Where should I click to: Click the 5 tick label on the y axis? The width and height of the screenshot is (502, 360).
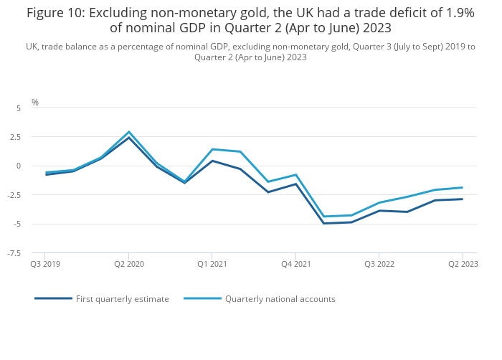click(19, 108)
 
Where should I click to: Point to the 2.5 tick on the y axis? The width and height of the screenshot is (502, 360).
click(16, 137)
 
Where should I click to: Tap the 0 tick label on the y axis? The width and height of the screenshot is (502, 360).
click(19, 166)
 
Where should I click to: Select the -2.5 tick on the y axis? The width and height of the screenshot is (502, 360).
click(14, 195)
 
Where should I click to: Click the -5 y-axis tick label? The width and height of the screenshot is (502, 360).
click(17, 224)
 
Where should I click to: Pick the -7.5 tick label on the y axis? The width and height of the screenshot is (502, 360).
click(14, 253)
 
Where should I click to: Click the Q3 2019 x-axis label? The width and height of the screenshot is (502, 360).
click(45, 264)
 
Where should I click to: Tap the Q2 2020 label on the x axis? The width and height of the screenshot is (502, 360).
click(129, 264)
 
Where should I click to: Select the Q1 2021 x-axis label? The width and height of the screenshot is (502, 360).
click(212, 264)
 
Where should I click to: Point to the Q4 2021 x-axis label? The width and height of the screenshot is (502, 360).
click(295, 264)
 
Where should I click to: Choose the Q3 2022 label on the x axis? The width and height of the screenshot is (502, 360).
click(379, 264)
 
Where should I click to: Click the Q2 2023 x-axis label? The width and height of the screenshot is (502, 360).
click(463, 264)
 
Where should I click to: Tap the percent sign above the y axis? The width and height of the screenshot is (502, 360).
click(35, 103)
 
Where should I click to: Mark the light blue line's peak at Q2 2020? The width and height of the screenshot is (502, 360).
click(129, 132)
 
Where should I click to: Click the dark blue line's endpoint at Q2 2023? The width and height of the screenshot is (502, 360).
click(463, 199)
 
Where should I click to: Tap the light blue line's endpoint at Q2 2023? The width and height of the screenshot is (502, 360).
click(463, 187)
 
